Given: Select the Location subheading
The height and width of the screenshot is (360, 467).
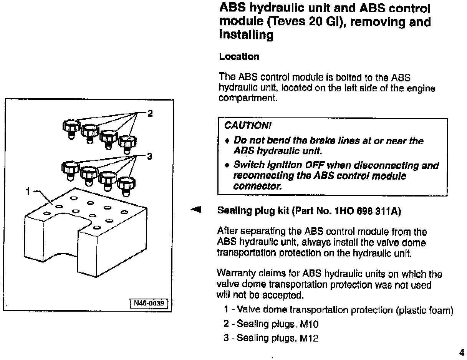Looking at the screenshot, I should pos(239,57).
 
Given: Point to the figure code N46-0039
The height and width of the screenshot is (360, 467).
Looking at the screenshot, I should pos(149,303).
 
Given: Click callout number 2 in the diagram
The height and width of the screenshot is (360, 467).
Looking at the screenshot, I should pos(150,113).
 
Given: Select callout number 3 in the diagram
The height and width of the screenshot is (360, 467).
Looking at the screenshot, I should pos(150,156).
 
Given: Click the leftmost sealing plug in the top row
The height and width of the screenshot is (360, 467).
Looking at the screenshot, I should pos(71,128).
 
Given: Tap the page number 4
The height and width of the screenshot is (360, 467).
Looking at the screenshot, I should pos(461,352).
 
